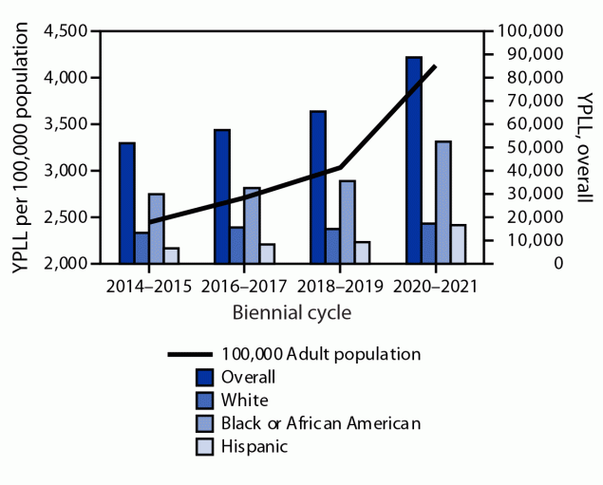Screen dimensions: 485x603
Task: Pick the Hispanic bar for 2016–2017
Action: point(268,253)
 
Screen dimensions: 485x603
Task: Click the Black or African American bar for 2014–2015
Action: point(157,228)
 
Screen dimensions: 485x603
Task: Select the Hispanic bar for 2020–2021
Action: point(458,244)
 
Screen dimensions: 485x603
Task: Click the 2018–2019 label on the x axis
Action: point(340,285)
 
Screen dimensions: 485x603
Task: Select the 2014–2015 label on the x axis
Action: point(149,285)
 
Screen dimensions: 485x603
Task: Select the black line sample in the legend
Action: point(189,354)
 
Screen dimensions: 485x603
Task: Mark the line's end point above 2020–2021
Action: point(435,65)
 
